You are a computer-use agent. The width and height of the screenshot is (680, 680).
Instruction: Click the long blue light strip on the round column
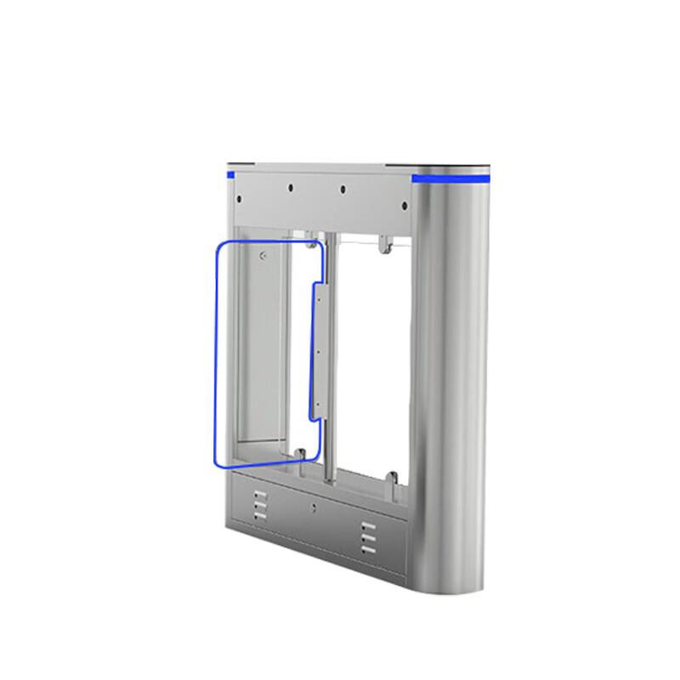click(x=450, y=179)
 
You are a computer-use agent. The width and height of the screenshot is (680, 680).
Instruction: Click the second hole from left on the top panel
click(x=291, y=188)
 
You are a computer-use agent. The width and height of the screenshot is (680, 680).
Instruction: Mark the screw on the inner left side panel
click(x=263, y=255)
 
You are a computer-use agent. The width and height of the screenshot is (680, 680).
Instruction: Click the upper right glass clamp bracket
click(x=384, y=246)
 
